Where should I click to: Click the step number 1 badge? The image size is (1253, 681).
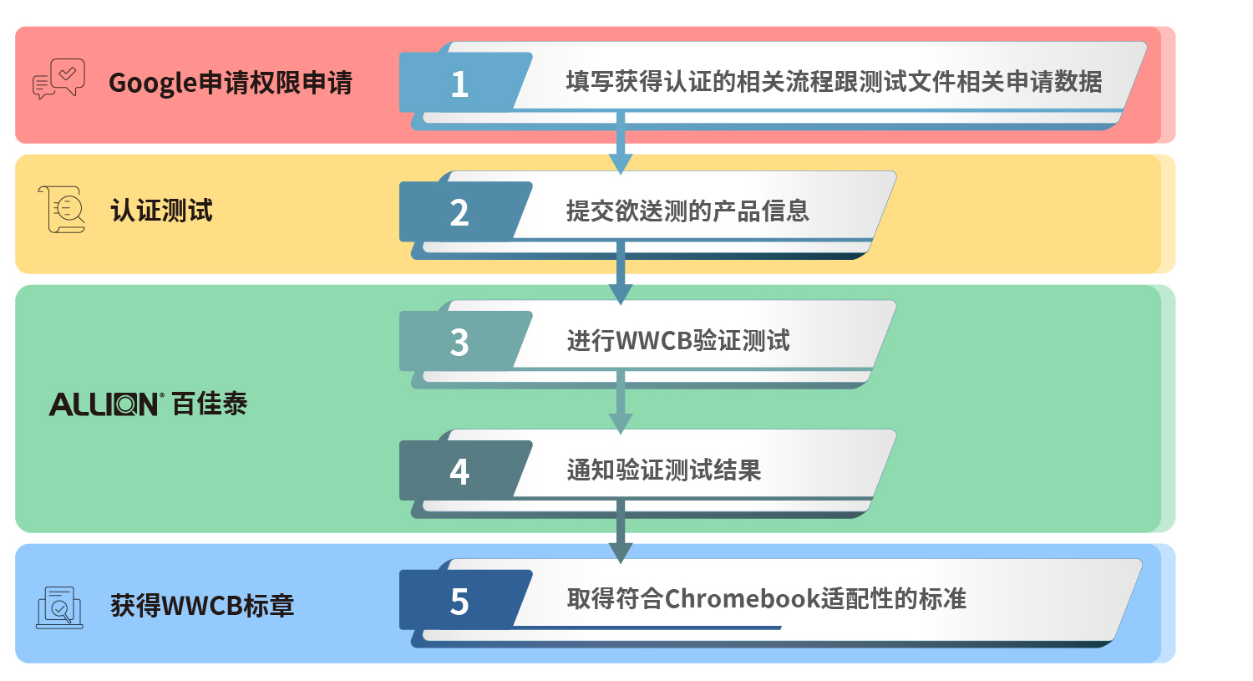459,84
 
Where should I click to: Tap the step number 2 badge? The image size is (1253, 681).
459,212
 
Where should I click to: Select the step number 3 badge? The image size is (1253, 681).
459,342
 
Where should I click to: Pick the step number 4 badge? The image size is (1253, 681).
459,471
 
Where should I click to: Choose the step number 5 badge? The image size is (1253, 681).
459,601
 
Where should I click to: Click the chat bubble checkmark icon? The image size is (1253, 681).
58,79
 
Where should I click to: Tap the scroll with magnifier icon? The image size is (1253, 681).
62,209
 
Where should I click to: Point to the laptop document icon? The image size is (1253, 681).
59,607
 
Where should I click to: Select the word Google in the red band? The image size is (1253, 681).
153,84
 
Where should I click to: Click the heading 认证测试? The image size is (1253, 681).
162,211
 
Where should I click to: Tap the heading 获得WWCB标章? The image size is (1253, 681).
202,606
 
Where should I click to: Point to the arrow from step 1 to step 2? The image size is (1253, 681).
621,143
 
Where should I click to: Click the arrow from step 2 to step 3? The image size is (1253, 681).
621,272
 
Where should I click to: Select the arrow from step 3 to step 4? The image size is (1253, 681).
621,402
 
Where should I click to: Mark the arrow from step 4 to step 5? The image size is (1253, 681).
621,531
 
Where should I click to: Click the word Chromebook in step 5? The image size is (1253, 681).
743,599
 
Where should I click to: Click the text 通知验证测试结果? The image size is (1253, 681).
664,470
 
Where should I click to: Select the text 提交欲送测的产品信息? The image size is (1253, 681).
688,211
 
